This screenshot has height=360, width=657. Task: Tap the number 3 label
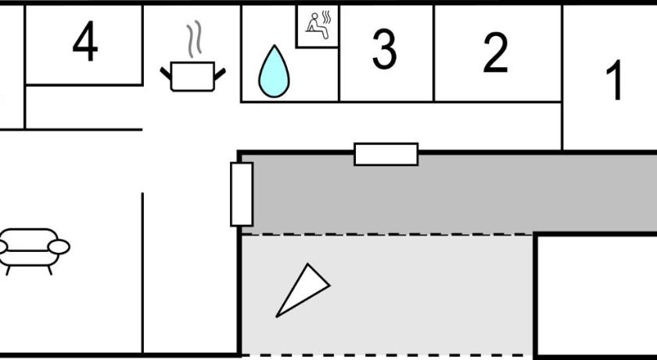[383, 49]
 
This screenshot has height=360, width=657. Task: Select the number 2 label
[495, 52]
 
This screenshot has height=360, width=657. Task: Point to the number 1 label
[616, 81]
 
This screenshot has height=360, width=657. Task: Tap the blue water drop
[274, 72]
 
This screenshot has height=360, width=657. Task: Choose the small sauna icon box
[319, 27]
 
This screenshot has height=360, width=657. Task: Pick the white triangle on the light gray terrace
[301, 290]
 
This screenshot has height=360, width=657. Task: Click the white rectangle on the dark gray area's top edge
[386, 154]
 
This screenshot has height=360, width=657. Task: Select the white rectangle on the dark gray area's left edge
[242, 194]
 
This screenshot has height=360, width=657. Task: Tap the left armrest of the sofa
[4, 248]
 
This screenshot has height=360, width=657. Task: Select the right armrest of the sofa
[59, 247]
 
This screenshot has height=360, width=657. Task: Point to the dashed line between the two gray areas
[387, 234]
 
